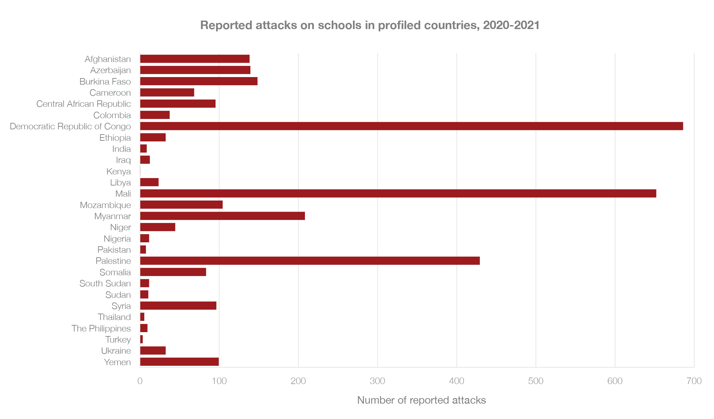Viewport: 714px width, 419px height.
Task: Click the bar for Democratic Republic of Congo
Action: click(x=411, y=126)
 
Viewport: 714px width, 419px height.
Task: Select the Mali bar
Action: click(x=398, y=193)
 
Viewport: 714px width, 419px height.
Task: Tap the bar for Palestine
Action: click(x=310, y=261)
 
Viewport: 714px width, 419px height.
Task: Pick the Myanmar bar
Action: click(x=222, y=216)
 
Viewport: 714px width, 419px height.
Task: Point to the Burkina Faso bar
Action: click(x=199, y=81)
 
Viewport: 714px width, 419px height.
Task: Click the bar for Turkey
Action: click(x=141, y=339)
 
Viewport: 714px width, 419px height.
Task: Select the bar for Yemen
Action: click(x=179, y=362)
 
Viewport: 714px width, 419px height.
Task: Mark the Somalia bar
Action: click(x=173, y=272)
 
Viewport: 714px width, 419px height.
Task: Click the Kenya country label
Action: click(x=119, y=171)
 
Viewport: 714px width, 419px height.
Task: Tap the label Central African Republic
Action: click(x=84, y=104)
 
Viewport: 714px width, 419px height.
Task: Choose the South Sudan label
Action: click(x=105, y=283)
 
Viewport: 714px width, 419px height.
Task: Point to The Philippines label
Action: click(x=101, y=329)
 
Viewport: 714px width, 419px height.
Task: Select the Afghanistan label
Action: click(x=108, y=59)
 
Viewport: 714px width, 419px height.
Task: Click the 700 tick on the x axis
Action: click(x=694, y=381)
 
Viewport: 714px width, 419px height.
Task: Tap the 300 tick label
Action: click(x=377, y=381)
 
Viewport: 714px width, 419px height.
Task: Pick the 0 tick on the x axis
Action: click(x=140, y=381)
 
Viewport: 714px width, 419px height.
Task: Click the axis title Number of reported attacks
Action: click(x=421, y=400)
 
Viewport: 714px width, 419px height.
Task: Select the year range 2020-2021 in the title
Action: click(x=511, y=25)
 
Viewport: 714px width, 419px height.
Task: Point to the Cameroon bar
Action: click(x=167, y=92)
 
